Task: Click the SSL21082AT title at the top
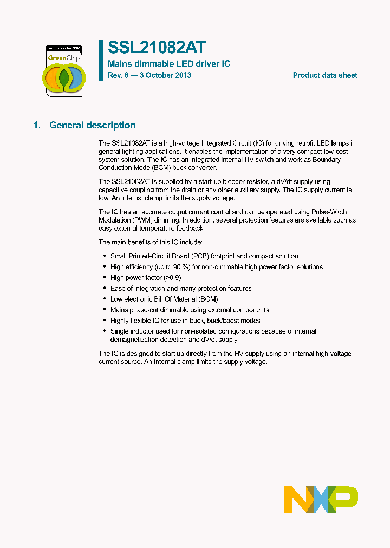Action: (157, 48)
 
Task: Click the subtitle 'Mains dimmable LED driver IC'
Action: (169, 64)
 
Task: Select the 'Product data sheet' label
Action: (325, 75)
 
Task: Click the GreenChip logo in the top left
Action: (63, 71)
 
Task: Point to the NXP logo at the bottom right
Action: (321, 499)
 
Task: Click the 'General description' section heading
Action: (93, 125)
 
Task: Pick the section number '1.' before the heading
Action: (37, 125)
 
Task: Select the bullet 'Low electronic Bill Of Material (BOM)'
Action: (164, 299)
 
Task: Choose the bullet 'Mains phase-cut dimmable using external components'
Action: (190, 310)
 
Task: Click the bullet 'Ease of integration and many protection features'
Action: (181, 288)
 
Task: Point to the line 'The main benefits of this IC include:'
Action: (150, 242)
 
